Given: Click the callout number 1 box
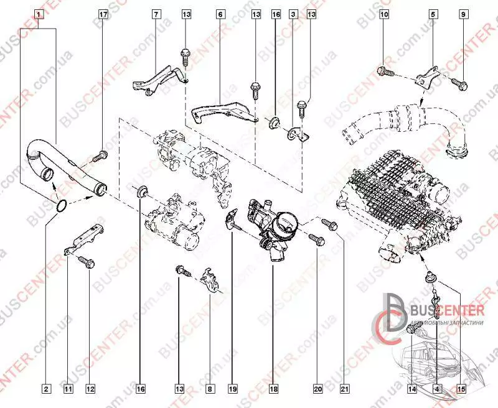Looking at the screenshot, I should (39, 13).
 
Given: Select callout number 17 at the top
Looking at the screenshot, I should (103, 13).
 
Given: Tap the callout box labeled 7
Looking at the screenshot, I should (156, 13).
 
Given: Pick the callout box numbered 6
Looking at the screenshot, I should (220, 13).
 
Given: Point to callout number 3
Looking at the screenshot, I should (293, 13).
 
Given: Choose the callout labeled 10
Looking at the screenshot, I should (384, 13).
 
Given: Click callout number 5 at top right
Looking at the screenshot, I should (433, 13).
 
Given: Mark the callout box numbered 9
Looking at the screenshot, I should (463, 13).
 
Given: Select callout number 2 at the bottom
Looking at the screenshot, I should (46, 389).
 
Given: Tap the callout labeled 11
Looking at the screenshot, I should (68, 389).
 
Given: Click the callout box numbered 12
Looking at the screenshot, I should (91, 389).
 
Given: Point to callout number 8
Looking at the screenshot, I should (210, 389).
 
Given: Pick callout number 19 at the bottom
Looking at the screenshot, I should (232, 389).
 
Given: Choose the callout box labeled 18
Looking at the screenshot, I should (273, 389).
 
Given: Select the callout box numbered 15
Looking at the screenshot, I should (461, 389).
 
